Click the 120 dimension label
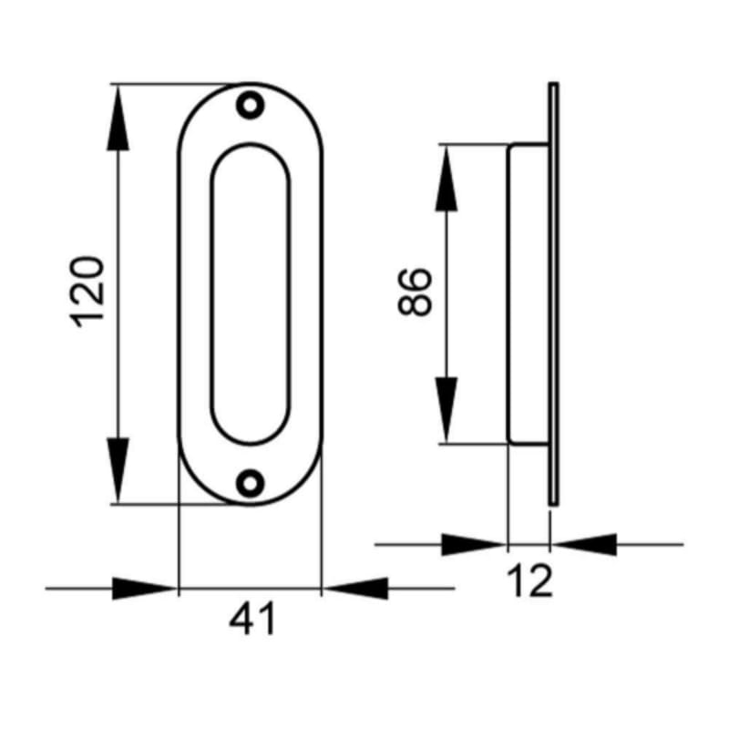pos(87,292)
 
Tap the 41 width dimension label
pos(252,619)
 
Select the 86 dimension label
pos(416,292)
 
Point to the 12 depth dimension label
pos(529,580)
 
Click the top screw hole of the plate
pos(250,105)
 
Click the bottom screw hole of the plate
pos(250,484)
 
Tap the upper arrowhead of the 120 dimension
pos(118,118)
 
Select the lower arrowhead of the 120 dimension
pos(118,470)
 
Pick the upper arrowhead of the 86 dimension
pos(447,178)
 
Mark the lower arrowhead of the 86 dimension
pos(447,410)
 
